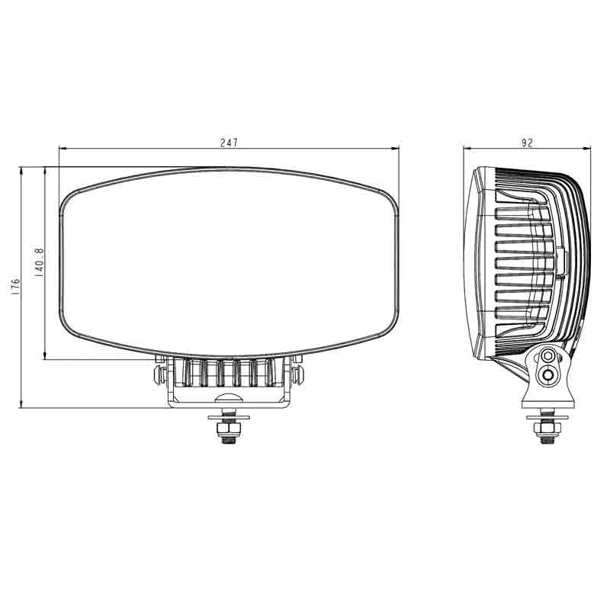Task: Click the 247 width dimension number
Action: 230,143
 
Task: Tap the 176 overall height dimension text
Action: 15,287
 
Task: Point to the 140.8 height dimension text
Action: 39,264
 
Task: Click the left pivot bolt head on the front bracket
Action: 159,373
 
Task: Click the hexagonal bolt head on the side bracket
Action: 548,356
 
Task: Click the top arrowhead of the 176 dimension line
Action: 22,170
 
